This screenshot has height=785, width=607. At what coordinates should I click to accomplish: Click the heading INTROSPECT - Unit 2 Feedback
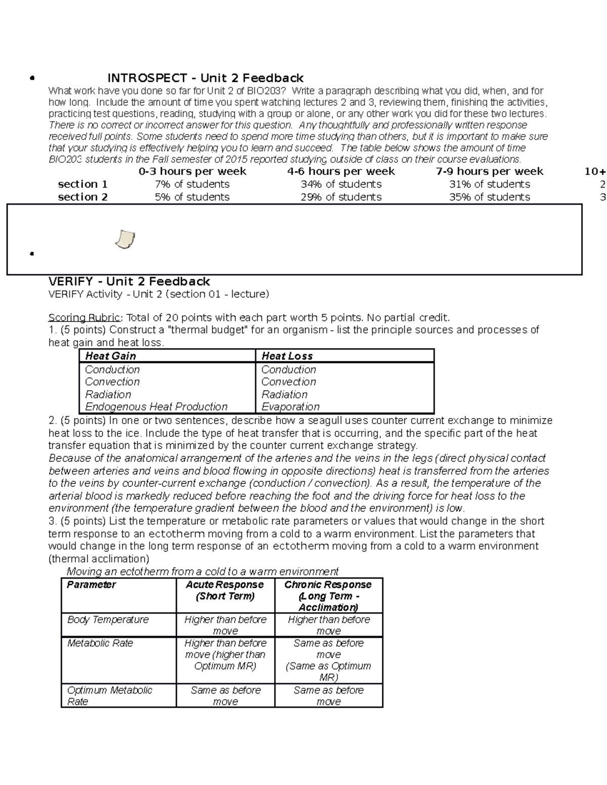pos(205,78)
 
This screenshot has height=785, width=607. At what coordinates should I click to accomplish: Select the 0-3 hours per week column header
pos(192,171)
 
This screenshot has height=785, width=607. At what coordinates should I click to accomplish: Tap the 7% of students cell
pos(192,184)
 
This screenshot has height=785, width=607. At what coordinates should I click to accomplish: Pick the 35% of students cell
pos(490,197)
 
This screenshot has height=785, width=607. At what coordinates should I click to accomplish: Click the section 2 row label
pos(82,197)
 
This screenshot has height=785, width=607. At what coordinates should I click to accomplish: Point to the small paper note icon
pos(125,239)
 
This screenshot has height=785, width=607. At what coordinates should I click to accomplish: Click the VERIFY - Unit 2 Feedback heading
pos(129,282)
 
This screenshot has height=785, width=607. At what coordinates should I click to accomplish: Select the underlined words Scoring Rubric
pos(84,317)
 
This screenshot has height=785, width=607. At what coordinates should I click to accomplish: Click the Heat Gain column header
pos(110,356)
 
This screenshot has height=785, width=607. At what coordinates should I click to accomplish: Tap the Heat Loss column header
pos(287,356)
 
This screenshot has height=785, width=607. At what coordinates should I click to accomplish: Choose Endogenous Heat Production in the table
pos(156,407)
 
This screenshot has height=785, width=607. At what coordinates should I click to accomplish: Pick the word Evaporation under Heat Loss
pos(290,407)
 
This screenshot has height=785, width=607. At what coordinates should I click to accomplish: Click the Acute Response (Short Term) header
pos(225,590)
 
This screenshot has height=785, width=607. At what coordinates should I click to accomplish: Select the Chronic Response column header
pos(328,595)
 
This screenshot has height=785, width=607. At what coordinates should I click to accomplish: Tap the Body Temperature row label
pos(108,620)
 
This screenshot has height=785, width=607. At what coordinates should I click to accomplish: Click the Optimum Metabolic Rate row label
pos(109,696)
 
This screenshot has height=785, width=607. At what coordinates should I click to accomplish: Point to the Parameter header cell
pos(92,585)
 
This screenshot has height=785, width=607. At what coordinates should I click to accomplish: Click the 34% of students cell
pos(341,184)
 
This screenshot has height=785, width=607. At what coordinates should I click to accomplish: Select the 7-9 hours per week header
pos(489,171)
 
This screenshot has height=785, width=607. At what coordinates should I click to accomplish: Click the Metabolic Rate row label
pos(100,643)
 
